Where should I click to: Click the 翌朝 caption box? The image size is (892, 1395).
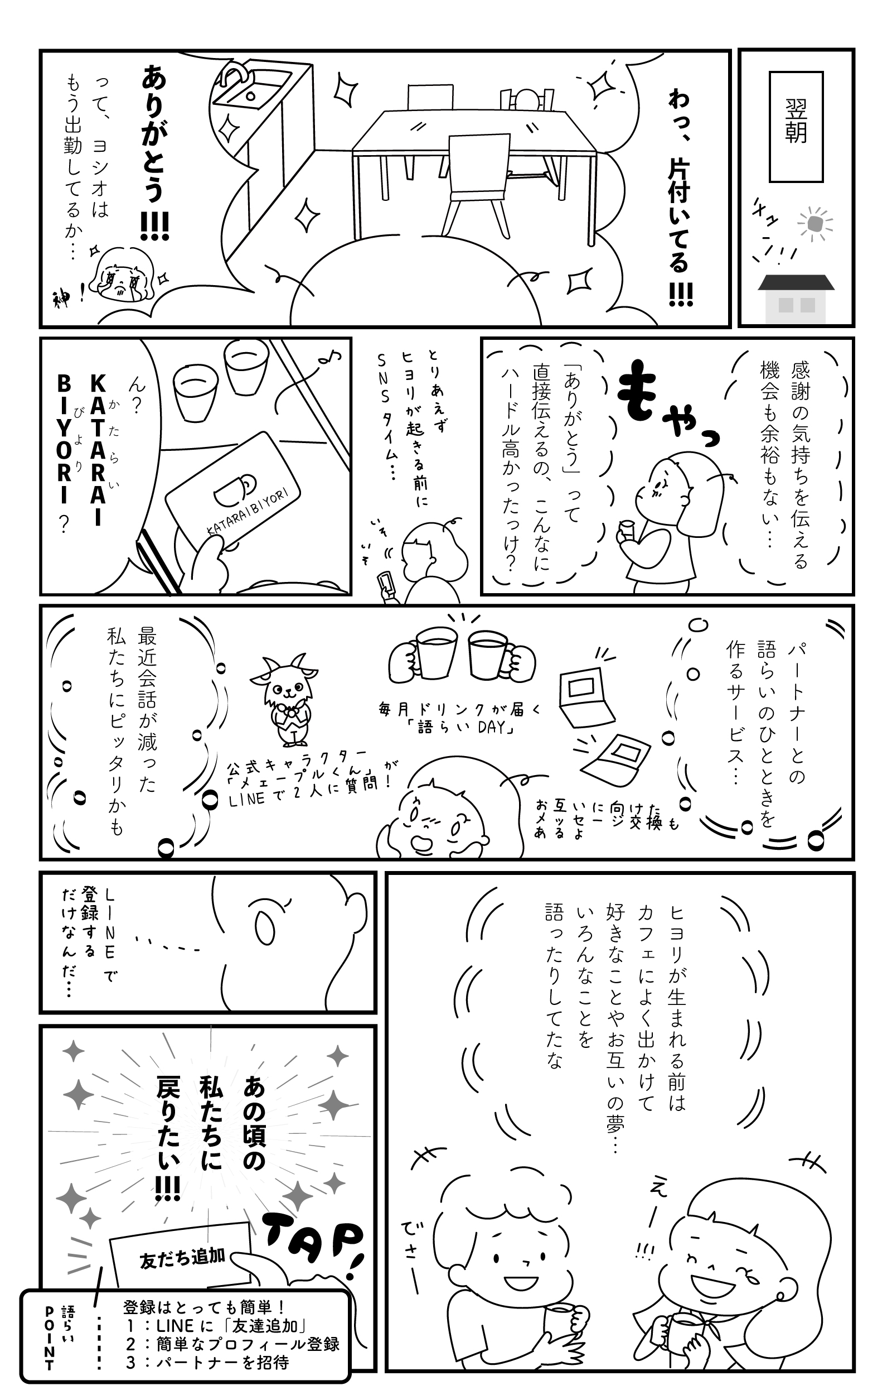click(796, 127)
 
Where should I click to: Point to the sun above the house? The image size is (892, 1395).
click(815, 223)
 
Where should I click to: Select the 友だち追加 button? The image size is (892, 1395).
click(181, 1260)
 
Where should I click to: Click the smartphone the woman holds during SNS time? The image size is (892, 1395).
click(386, 586)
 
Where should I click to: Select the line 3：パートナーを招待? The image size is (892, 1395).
click(207, 1362)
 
